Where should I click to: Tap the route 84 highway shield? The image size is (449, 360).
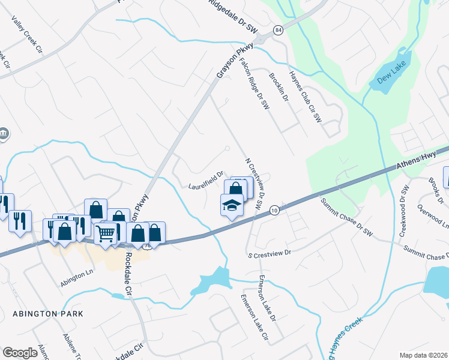point(278,29)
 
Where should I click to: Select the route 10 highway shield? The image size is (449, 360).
point(274,209)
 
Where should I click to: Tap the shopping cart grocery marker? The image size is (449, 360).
point(106,232)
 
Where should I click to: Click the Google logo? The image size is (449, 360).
point(20,353)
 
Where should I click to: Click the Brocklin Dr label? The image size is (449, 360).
point(279,87)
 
